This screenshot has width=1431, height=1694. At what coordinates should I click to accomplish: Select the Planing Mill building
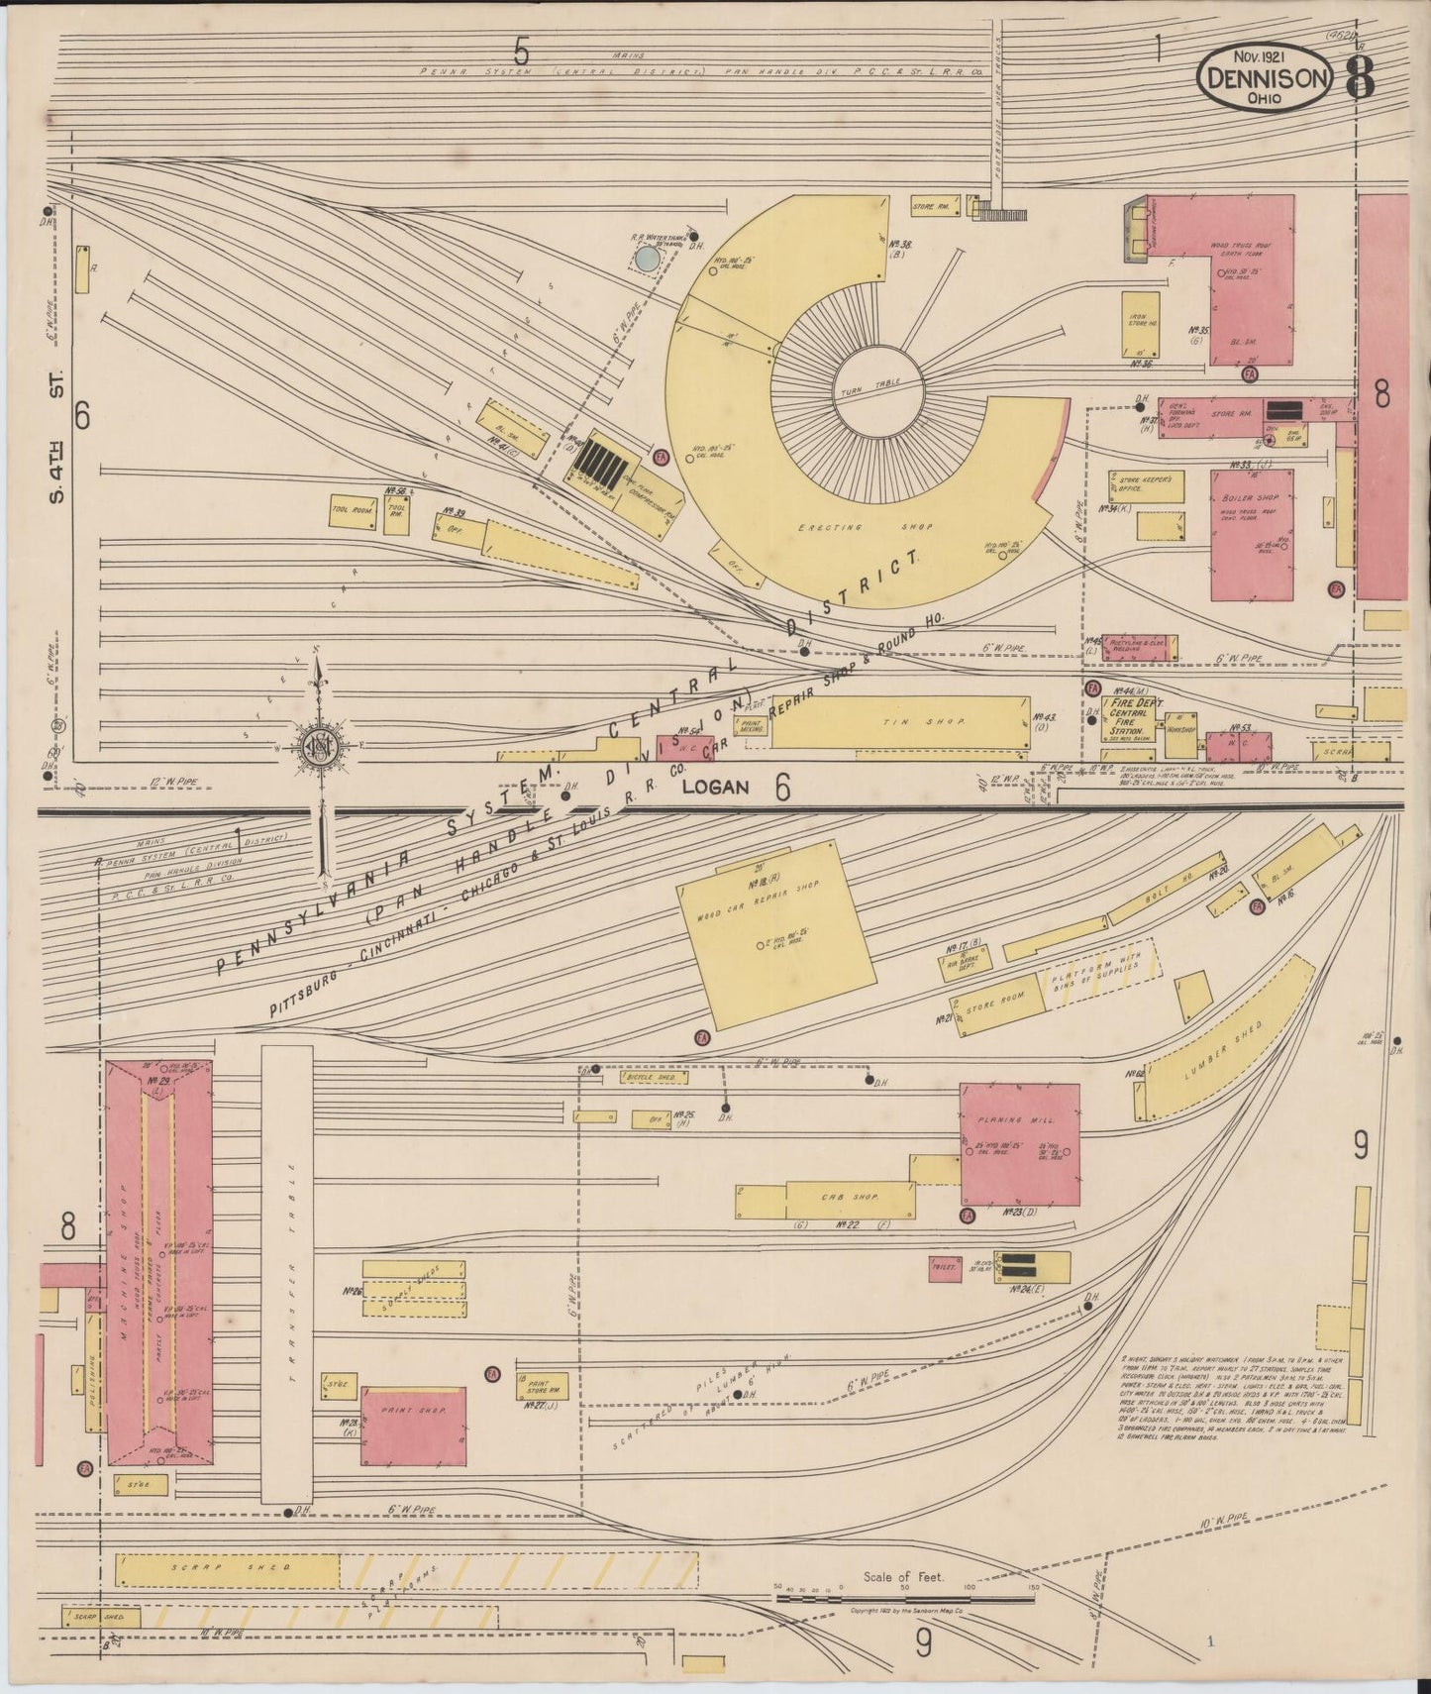[x=1020, y=1144]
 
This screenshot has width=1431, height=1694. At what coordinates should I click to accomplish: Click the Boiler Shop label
[x=1253, y=498]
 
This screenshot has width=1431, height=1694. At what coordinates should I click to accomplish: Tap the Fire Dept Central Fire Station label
[x=1132, y=716]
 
